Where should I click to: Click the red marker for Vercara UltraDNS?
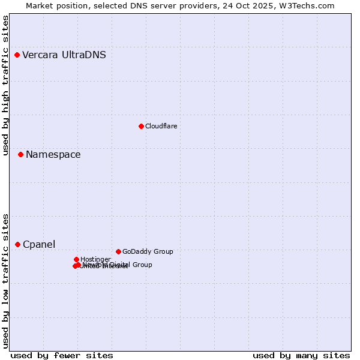(17, 55)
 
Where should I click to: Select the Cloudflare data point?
(141, 126)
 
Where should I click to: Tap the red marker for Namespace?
(20, 155)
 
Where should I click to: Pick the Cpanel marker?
(17, 244)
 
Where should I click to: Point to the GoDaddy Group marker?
(118, 251)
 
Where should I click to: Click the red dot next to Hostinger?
(76, 259)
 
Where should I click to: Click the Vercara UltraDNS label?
(64, 55)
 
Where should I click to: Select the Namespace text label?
(53, 155)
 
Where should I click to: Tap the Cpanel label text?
(39, 245)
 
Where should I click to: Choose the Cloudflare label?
(161, 126)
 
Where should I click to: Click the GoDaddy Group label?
(147, 251)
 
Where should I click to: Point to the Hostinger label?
(95, 259)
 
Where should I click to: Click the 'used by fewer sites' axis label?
(62, 355)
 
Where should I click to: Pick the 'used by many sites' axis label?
(301, 355)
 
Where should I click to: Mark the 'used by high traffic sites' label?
(6, 86)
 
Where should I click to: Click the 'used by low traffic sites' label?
(6, 280)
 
